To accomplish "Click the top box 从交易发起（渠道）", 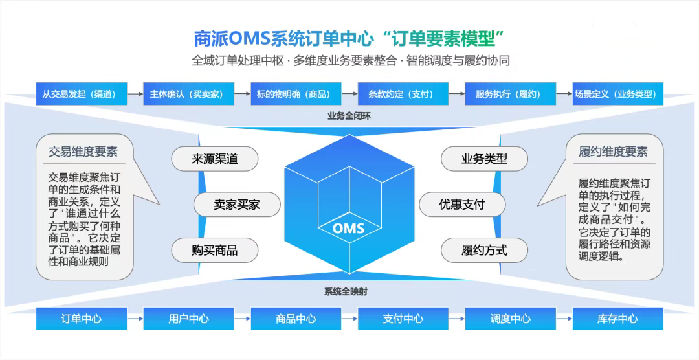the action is (82, 94).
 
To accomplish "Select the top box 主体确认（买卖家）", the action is (188, 94).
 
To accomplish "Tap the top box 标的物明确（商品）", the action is (296, 94).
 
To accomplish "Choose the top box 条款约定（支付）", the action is (403, 94).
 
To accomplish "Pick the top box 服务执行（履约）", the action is (511, 94).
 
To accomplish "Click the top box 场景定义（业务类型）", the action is (618, 94).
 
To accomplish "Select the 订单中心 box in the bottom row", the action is (82, 319).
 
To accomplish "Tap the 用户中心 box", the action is (188, 319).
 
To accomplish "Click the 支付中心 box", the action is (403, 319).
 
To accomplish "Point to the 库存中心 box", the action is (618, 319).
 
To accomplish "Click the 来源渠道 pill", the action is (215, 159).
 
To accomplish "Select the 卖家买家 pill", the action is (237, 205).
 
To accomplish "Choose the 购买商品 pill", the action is (215, 250).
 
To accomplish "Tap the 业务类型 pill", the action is (484, 159).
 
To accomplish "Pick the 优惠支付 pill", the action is (462, 205).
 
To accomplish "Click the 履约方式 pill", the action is (484, 250).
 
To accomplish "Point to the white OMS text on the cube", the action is (349, 229).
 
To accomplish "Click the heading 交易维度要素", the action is (83, 152).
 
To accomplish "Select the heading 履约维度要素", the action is (614, 152).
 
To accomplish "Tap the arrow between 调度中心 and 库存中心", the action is (564, 319).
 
